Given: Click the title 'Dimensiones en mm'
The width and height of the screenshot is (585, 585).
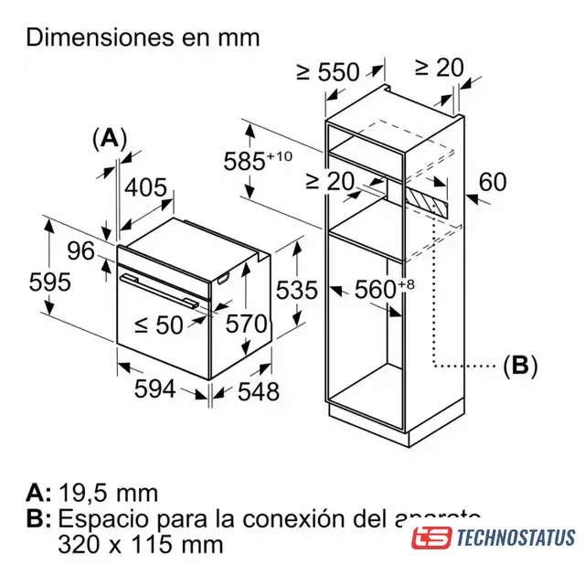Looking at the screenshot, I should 144,37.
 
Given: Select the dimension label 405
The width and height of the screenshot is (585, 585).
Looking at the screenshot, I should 144,189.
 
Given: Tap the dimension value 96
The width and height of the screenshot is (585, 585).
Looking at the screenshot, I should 80,250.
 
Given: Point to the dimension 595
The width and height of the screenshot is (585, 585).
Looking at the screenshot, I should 49,282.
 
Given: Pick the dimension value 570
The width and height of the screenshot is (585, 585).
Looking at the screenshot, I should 247,324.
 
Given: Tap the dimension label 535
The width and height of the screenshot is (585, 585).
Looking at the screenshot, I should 296,291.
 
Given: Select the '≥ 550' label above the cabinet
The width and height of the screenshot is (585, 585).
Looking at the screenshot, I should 329,71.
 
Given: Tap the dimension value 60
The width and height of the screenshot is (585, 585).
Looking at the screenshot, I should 492,182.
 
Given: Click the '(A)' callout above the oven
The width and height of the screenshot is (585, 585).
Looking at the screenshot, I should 111,138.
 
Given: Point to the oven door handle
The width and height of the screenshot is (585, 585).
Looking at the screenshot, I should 165,285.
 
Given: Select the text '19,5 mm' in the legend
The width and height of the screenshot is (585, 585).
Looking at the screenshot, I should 108,494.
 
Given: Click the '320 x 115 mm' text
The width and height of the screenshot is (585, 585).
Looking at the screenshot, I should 140,545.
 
